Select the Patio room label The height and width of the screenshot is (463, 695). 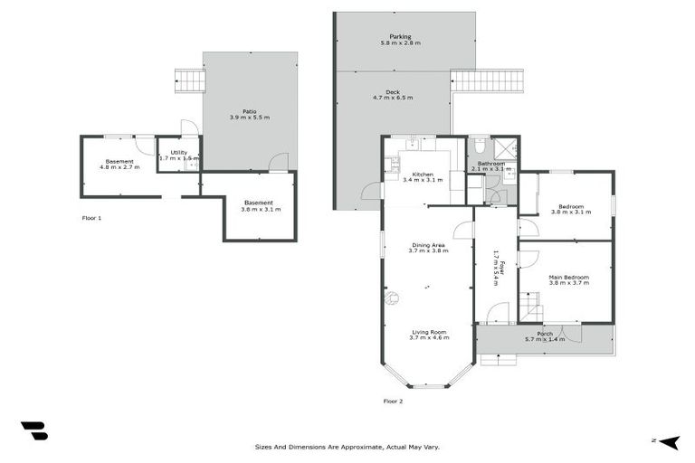249,111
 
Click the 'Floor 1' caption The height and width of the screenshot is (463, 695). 91,219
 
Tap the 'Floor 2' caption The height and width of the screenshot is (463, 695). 393,400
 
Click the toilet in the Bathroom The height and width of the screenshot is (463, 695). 479,146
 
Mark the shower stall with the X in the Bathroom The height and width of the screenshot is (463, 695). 506,147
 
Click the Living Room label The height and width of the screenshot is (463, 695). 429,332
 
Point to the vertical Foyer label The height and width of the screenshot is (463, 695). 496,268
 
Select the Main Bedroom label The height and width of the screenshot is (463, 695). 568,277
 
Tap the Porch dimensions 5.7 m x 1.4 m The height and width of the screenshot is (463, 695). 545,339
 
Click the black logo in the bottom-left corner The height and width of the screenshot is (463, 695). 33,430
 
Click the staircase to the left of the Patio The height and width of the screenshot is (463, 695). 191,81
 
